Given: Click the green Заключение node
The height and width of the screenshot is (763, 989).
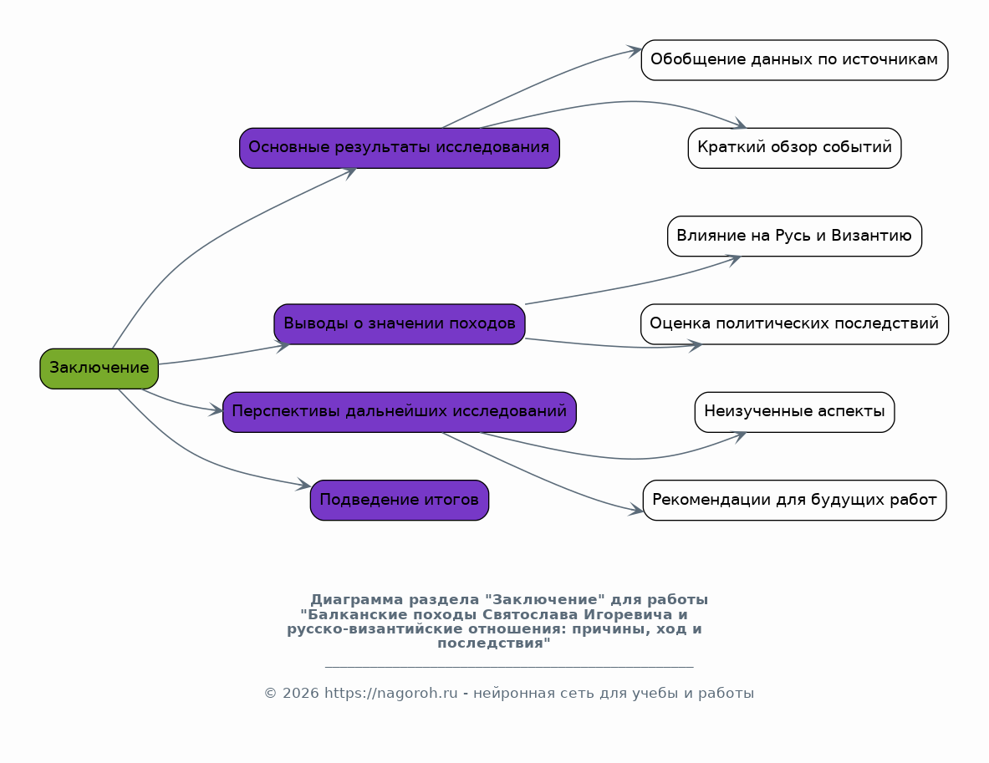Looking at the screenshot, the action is click(x=99, y=369).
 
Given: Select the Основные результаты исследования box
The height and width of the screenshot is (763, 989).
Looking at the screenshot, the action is click(x=400, y=148).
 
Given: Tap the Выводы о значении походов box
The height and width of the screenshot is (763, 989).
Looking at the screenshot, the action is click(x=400, y=324).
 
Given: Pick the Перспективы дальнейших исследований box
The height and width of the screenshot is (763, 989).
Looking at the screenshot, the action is click(x=400, y=412).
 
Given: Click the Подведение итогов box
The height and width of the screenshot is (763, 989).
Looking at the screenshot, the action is click(x=400, y=500).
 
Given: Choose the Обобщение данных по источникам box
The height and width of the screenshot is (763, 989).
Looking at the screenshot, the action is click(x=794, y=60).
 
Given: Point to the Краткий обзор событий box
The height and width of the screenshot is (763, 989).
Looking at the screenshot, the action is click(x=794, y=148).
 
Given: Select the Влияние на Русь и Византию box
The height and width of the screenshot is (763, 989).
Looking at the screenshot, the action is click(x=794, y=236).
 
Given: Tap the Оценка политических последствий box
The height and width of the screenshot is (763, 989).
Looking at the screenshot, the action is click(x=794, y=324).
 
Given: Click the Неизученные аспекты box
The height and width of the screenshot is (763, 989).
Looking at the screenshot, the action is click(x=794, y=412).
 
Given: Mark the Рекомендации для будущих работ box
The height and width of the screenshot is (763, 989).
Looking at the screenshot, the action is click(x=794, y=500).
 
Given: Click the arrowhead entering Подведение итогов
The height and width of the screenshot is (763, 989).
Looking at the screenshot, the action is click(x=303, y=485).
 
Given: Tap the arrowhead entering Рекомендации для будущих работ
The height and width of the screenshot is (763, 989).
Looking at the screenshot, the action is click(x=636, y=510).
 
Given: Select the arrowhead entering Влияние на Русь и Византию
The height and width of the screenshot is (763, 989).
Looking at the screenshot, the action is click(x=733, y=259).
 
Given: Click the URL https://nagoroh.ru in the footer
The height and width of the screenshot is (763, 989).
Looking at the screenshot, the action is click(x=390, y=693).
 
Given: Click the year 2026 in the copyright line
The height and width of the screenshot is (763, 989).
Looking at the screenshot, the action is click(x=300, y=693).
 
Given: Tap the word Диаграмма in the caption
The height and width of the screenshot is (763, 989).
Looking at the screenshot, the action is click(x=356, y=600).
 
